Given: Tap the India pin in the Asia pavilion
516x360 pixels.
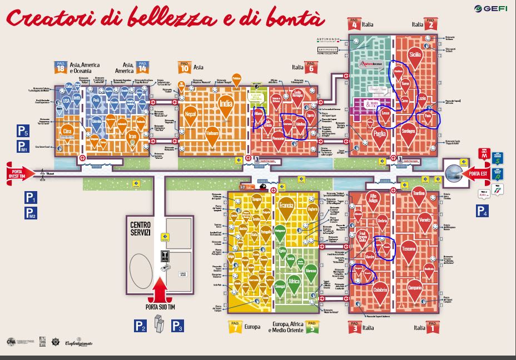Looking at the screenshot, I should pyautogui.click(x=226, y=104).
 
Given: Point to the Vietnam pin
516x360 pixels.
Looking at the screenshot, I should pyautogui.click(x=212, y=133).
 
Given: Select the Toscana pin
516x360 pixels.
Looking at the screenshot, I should pyautogui.click(x=409, y=248).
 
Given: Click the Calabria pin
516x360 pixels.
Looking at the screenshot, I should pyautogui.click(x=380, y=289).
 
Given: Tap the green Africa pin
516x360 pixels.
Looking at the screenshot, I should pyautogui.click(x=294, y=282).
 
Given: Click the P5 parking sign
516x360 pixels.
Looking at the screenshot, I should pyautogui.click(x=22, y=132).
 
